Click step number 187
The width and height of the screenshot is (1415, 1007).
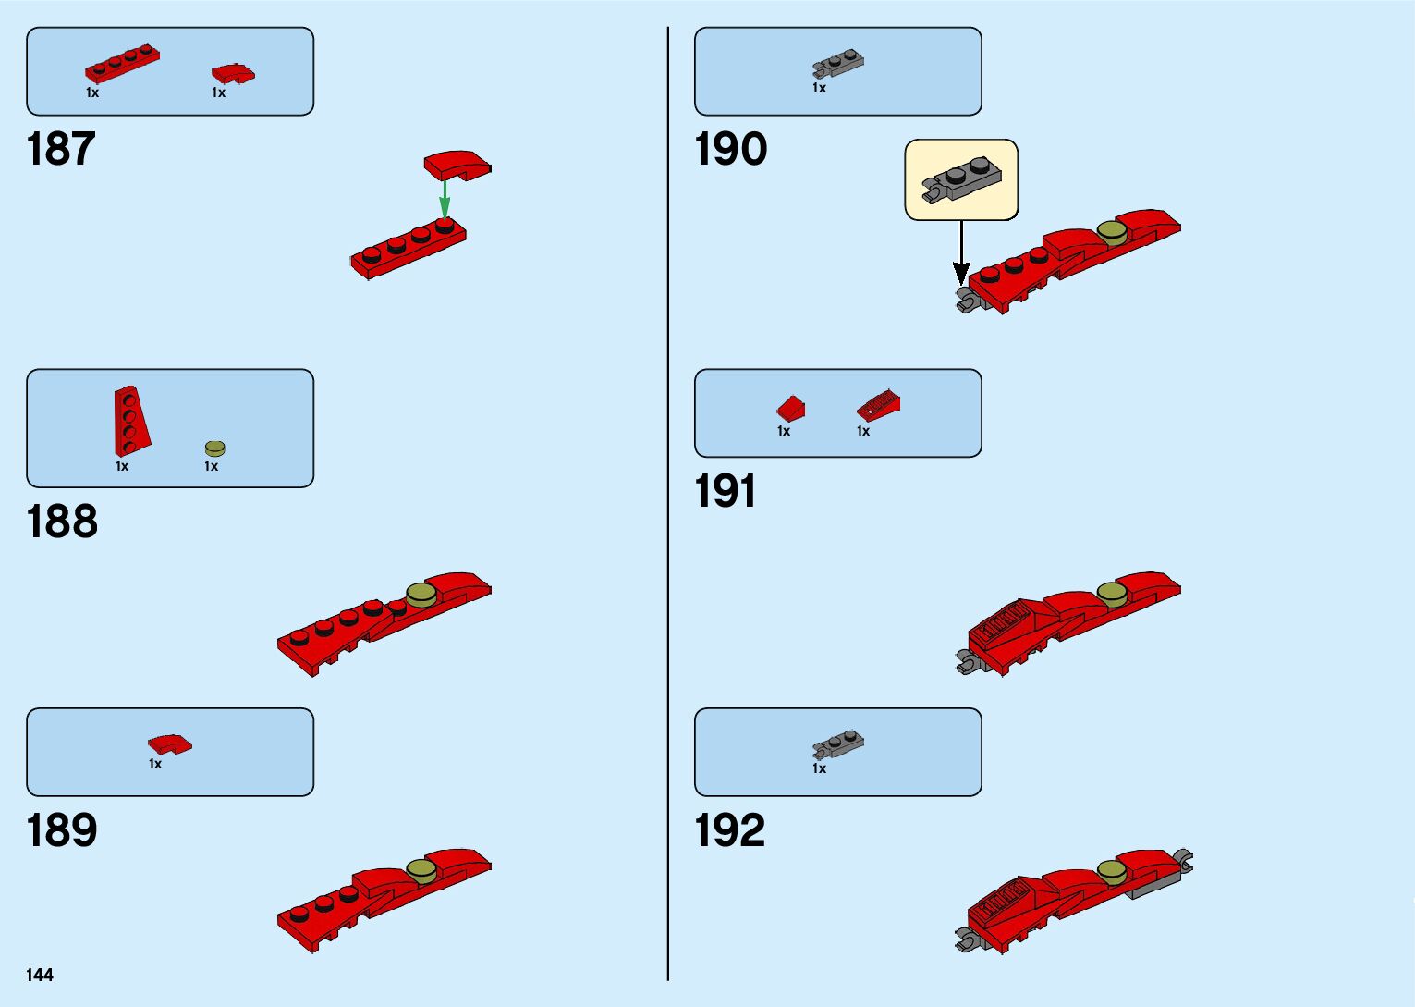pos(61,149)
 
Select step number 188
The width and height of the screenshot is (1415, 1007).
pos(62,522)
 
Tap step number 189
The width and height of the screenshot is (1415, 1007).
pos(62,830)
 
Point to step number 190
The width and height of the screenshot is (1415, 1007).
pos(730,149)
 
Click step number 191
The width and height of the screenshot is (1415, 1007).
pos(726,491)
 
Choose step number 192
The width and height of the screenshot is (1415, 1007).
pos(729,830)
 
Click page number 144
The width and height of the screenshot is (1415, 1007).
pos(40,975)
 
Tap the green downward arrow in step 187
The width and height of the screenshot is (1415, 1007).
pos(445,197)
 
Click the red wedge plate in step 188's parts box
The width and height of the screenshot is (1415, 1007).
pos(129,421)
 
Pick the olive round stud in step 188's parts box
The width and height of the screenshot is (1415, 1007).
pos(214,448)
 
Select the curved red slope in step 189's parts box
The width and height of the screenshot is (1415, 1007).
pos(169,743)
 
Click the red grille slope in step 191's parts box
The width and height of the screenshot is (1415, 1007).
pos(878,405)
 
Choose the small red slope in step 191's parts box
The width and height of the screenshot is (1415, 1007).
pos(790,407)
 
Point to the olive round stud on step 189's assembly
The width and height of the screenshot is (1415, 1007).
pos(421,870)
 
